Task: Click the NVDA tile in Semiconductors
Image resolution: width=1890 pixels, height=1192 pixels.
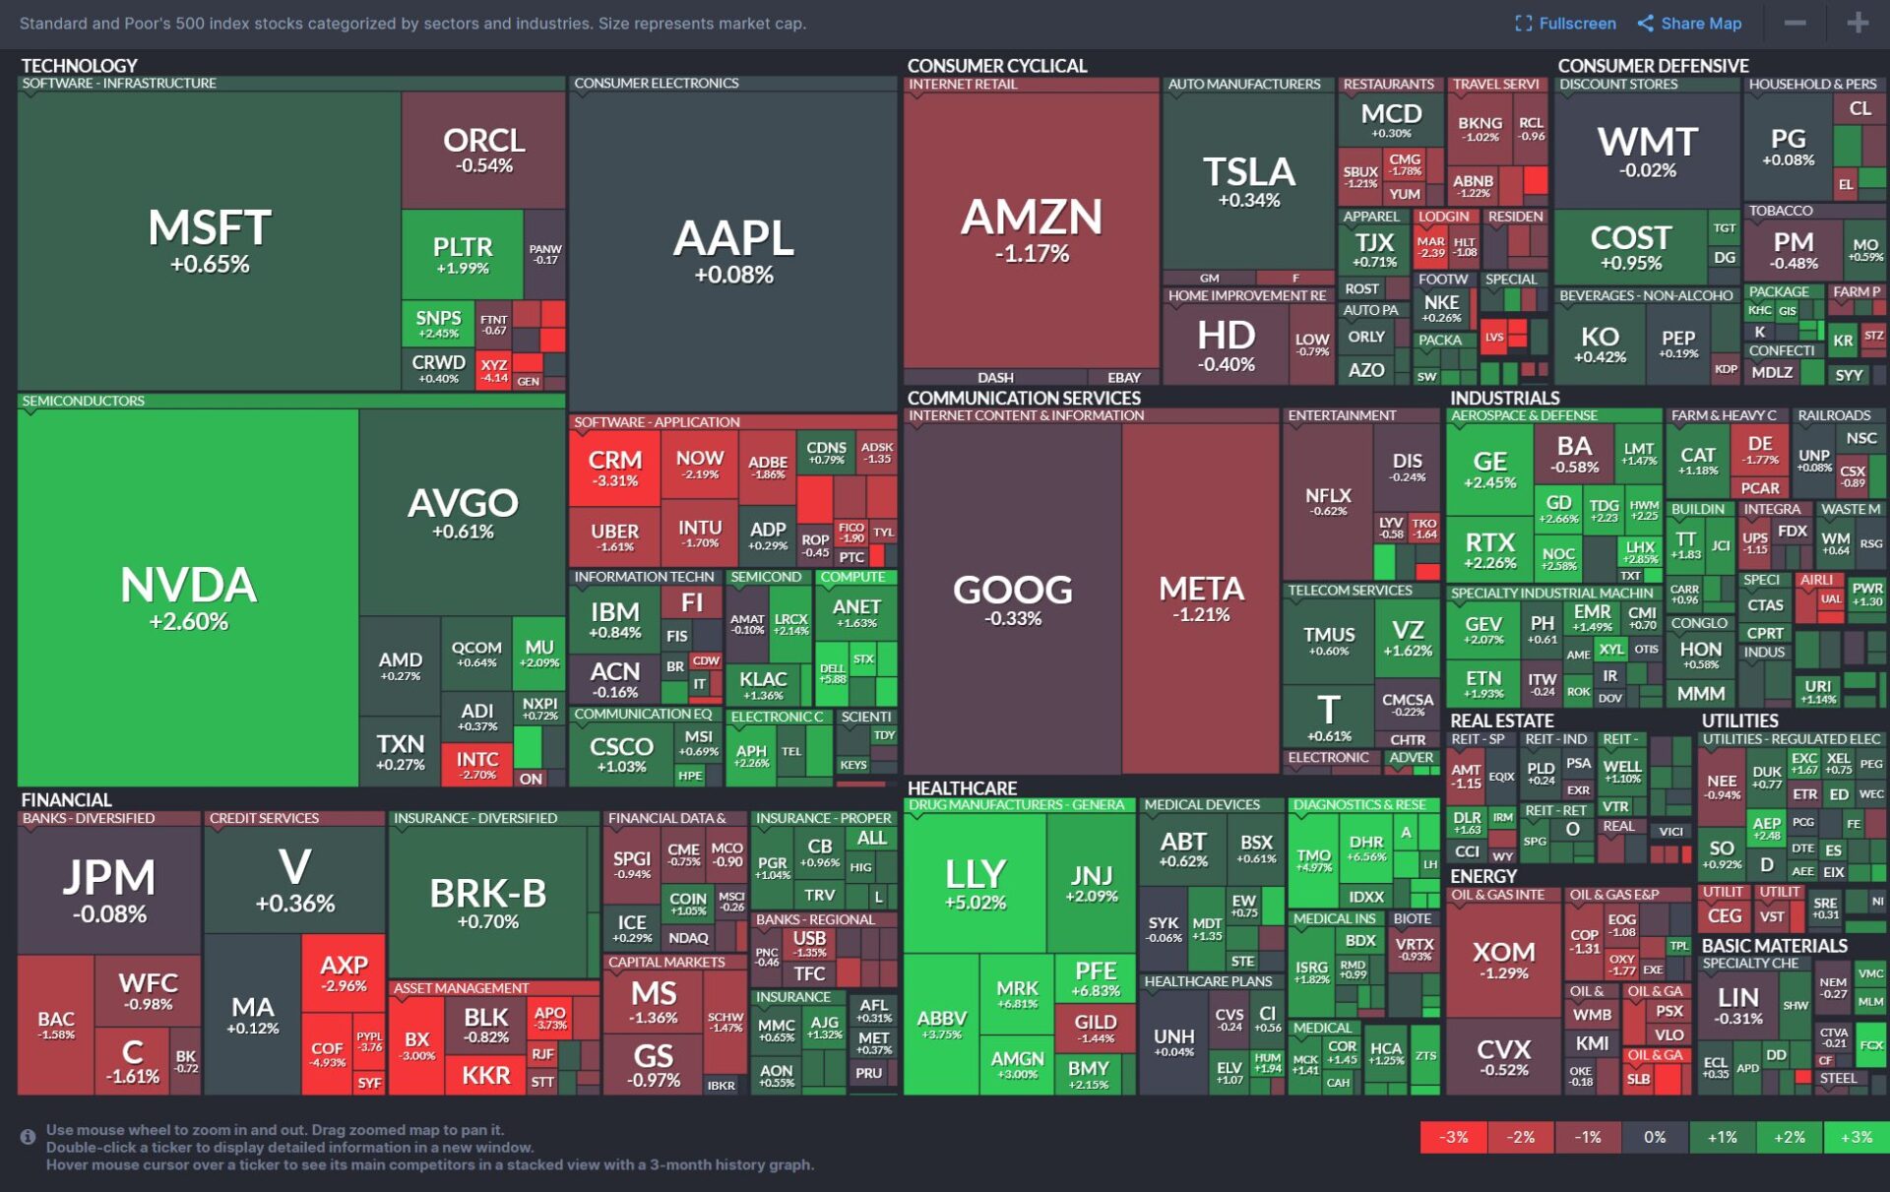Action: [x=188, y=596]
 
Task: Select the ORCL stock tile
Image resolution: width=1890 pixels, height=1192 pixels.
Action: [x=483, y=150]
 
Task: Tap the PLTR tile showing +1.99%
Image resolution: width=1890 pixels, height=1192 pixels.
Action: [x=462, y=254]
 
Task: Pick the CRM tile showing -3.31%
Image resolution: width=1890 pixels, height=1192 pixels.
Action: [x=615, y=469]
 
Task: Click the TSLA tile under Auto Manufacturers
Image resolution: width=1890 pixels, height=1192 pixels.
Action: [x=1248, y=181]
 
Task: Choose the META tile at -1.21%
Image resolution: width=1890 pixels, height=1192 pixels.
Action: [x=1201, y=597]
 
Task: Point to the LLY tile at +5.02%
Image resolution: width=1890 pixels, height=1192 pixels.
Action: [x=975, y=884]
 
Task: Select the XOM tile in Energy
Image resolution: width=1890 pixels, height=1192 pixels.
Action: [x=1503, y=960]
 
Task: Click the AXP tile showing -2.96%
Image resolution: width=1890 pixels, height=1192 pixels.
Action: [x=344, y=972]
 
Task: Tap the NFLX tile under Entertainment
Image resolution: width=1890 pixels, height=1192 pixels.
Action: [x=1328, y=501]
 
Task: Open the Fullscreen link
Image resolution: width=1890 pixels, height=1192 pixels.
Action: [x=1565, y=24]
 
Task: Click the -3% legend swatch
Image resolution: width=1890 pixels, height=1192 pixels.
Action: [x=1453, y=1137]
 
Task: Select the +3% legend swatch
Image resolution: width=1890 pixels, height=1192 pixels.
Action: [x=1856, y=1137]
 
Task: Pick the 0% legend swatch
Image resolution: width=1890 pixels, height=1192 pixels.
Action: [x=1655, y=1137]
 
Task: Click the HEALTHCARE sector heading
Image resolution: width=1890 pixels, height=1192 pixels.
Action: [x=962, y=788]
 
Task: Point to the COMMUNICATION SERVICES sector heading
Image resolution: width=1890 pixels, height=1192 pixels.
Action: [x=1024, y=398]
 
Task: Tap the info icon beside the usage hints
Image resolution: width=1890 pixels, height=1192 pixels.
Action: [x=28, y=1137]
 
